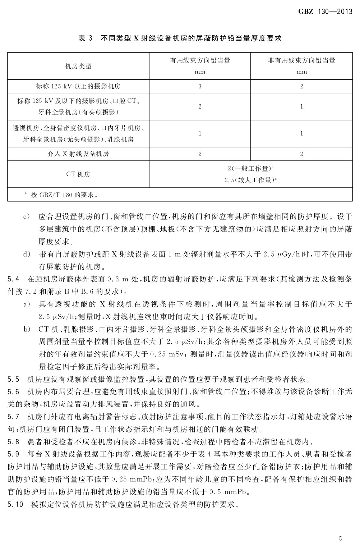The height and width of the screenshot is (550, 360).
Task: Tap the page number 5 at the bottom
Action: pos(340,538)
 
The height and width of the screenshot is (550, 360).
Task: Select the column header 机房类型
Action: pos(78,66)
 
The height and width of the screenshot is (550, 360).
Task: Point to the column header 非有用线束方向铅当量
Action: pos(301,60)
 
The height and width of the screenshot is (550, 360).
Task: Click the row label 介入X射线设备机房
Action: pos(78,154)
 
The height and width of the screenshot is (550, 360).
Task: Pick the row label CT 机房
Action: pos(78,174)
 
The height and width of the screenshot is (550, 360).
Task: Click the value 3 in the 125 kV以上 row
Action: pos(200,86)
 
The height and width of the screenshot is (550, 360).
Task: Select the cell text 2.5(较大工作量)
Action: pos(250,180)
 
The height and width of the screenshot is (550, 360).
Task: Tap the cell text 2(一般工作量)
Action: pos(250,168)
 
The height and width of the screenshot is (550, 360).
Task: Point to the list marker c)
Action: pos(26,217)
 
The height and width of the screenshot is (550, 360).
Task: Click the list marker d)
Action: pos(26,255)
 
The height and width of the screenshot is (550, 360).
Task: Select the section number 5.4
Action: pos(13,279)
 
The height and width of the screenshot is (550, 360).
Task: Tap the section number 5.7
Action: pos(13,417)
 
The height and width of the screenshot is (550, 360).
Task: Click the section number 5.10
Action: pos(15,504)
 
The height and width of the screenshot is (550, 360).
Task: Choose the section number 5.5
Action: pos(13,379)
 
